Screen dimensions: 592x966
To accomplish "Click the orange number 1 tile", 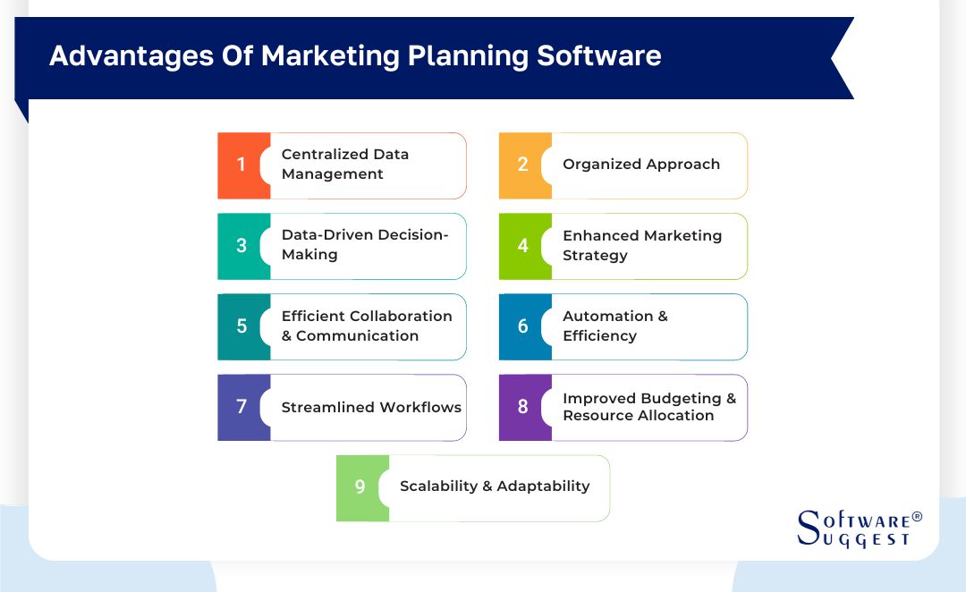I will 241,165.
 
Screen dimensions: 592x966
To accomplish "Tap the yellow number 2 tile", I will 522,165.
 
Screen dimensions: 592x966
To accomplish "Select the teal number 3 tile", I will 241,246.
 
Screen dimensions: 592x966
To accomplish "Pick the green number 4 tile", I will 522,246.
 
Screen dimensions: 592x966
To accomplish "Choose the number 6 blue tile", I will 522,326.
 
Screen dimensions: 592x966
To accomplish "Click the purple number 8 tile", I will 522,407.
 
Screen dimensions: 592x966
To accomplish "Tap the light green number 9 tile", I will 360,487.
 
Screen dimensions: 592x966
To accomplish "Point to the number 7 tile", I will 241,407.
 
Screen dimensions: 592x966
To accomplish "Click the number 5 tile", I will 241,326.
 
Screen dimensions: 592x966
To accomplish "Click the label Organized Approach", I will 640,165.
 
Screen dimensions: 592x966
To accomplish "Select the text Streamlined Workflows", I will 371,408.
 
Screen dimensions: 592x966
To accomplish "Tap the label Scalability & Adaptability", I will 495,486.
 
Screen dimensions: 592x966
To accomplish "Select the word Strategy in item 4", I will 595,256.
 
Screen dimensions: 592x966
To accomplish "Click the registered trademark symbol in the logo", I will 916,518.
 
